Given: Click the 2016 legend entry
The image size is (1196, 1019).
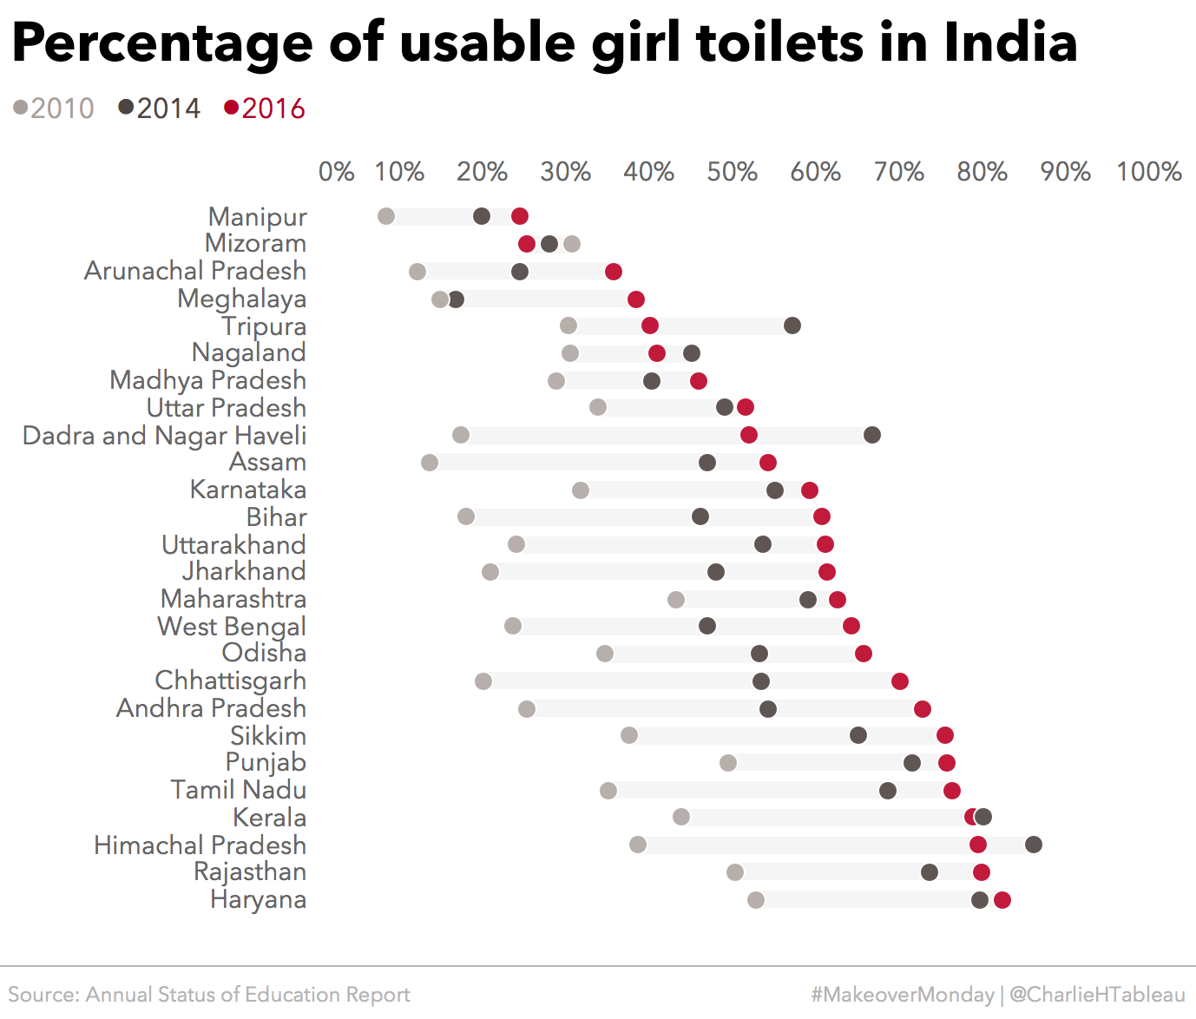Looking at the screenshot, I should [265, 108].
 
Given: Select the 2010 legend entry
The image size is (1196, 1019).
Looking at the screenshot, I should [54, 108].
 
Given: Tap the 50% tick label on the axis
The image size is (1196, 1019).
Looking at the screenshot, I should [732, 172].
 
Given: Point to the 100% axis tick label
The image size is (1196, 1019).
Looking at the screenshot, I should [1148, 172].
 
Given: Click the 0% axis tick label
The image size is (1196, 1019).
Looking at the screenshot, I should [336, 172].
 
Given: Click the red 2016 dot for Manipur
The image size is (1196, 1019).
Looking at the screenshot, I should [520, 216].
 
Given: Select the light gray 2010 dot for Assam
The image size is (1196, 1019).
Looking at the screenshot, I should [430, 463].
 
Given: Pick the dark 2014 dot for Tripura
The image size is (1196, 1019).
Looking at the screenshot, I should [792, 325].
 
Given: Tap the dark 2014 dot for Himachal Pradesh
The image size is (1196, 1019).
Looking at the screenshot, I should [1034, 845].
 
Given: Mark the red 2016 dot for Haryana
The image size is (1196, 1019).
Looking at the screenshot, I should [1002, 900].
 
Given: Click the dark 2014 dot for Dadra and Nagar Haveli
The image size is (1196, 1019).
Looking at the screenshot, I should [872, 435].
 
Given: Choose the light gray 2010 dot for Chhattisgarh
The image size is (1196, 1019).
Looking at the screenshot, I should [483, 681].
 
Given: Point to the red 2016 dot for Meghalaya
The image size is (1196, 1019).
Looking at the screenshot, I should [636, 299].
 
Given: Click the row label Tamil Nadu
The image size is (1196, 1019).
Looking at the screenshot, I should [238, 790].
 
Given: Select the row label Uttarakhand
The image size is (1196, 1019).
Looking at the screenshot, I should [233, 545].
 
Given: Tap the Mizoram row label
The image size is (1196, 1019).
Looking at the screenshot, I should [255, 243].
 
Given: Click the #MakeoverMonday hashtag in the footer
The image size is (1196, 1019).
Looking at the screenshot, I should [903, 995].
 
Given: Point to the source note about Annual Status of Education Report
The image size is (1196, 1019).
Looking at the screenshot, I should [209, 995].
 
